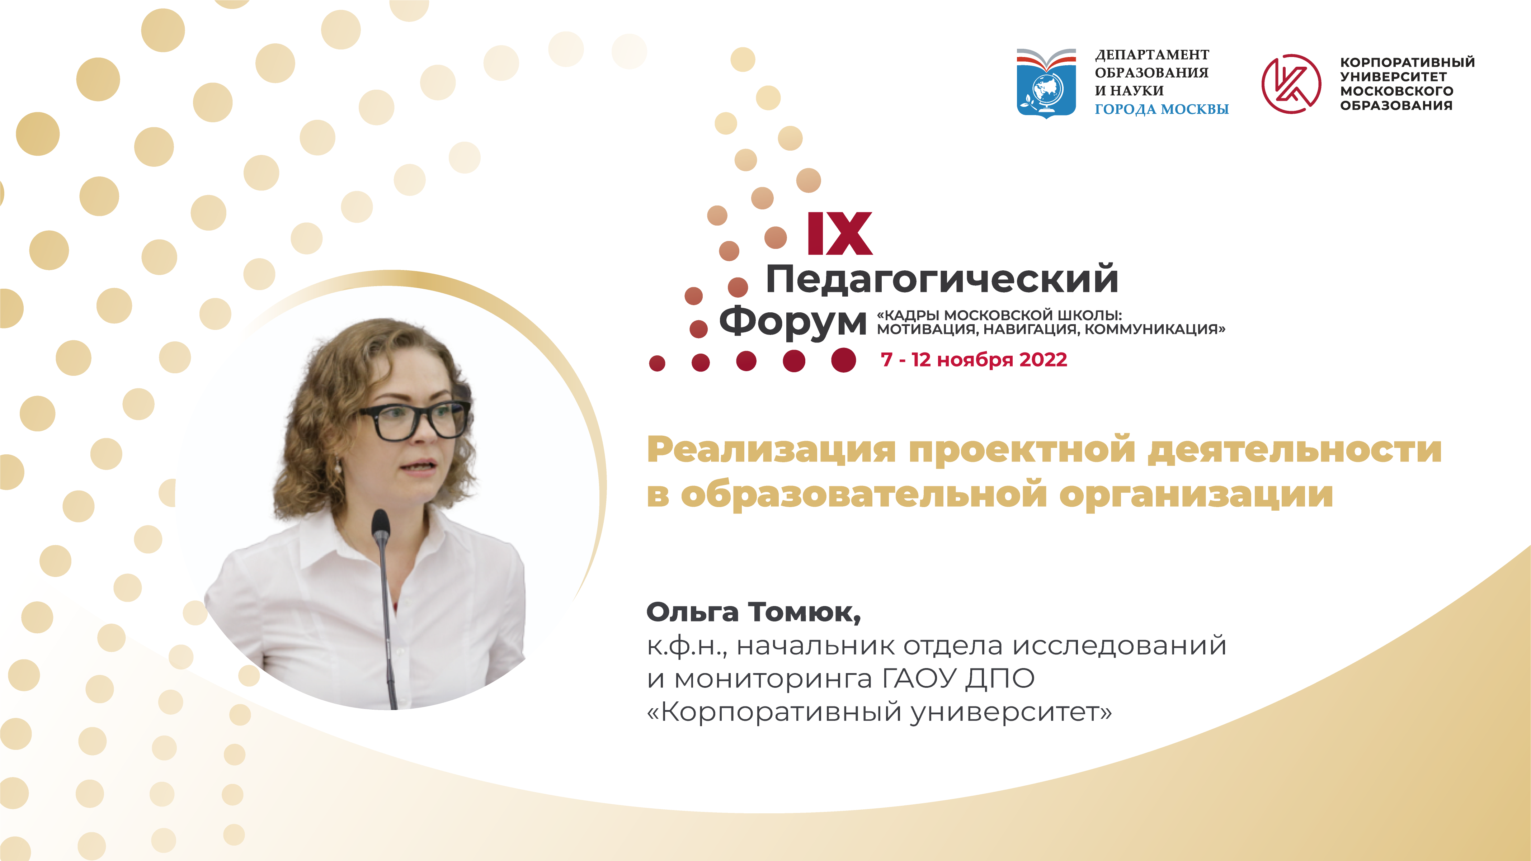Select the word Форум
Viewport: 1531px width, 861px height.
(x=793, y=322)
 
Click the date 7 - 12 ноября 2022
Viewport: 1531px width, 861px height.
(x=974, y=359)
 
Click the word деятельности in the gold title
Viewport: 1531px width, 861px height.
(x=1295, y=450)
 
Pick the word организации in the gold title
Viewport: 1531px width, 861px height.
(x=1196, y=495)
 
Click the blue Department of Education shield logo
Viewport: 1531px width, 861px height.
(x=1046, y=83)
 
